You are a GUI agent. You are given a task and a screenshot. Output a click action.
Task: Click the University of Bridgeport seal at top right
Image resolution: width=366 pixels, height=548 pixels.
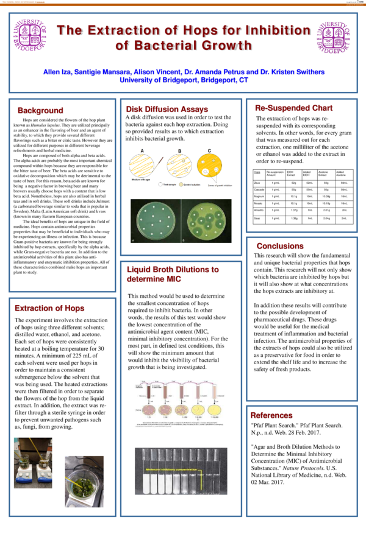pyautogui.click(x=334, y=38)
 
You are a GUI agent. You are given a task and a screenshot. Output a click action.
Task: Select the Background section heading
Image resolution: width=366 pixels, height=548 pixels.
pyautogui.click(x=40, y=110)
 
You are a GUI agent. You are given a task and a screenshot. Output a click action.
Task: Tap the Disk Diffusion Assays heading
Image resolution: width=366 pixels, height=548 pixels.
pyautogui.click(x=159, y=109)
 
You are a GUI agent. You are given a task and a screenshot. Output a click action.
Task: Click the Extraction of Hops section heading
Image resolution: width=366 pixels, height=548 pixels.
pyautogui.click(x=49, y=309)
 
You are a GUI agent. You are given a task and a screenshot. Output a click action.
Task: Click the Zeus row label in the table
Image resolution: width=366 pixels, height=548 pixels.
pyautogui.click(x=258, y=182)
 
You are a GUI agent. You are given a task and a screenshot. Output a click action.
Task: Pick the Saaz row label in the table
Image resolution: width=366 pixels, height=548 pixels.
pyautogui.click(x=258, y=217)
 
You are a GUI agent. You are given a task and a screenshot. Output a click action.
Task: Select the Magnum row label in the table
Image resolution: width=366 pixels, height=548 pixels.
pyautogui.click(x=259, y=196)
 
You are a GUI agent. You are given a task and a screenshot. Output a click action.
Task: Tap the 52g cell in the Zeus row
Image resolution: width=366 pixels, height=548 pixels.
pyautogui.click(x=293, y=182)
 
